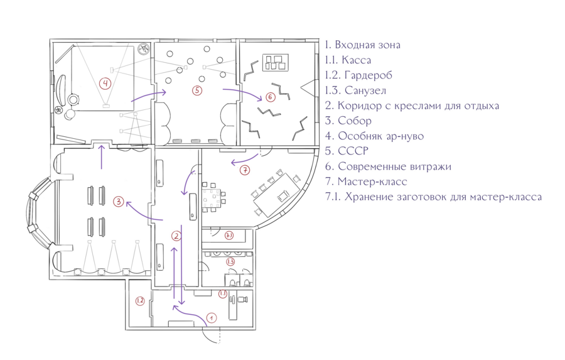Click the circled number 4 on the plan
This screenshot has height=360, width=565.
tap(105, 84)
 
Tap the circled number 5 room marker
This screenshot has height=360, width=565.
tap(196, 90)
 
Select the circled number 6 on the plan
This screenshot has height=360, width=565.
tap(270, 97)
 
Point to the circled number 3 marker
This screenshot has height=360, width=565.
tap(118, 201)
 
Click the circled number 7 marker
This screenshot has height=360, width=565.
tap(245, 170)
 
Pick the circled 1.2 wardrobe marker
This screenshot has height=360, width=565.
tap(140, 300)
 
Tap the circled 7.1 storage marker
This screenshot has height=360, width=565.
tap(229, 236)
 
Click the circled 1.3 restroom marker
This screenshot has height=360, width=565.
tap(230, 261)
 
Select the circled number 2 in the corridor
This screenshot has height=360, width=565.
tap(176, 236)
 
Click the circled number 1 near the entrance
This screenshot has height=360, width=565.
tap(212, 318)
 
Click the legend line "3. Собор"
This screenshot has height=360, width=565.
tap(348, 121)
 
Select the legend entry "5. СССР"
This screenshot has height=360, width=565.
tap(347, 151)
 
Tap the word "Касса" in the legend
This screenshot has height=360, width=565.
tap(356, 60)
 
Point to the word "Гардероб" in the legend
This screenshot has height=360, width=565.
tap(369, 75)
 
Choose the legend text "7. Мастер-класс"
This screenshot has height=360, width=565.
tap(366, 182)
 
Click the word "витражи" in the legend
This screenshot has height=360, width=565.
tap(431, 166)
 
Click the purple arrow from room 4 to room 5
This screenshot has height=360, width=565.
tap(148, 95)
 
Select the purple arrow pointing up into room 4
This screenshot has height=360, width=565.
tap(102, 156)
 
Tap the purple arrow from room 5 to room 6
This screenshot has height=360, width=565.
tap(242, 92)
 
